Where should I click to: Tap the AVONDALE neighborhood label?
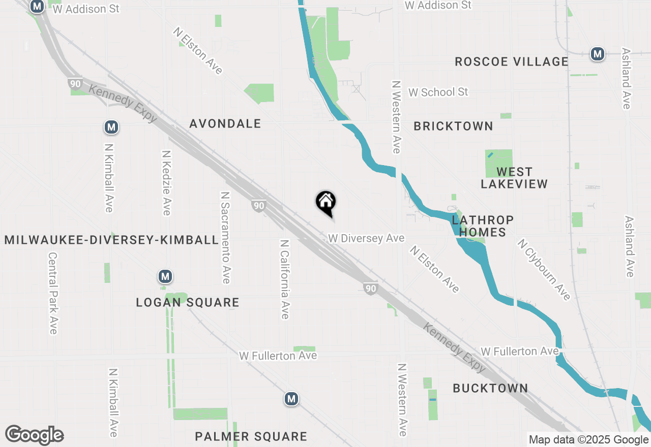(225, 123)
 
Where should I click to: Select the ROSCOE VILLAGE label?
(511, 61)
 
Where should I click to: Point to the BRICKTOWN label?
(453, 126)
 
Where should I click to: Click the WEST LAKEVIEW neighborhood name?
(514, 178)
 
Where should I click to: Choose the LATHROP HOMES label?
(483, 226)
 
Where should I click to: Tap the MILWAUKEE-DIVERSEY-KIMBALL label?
(111, 240)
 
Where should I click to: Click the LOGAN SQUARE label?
(188, 302)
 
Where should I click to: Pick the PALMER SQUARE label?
(251, 436)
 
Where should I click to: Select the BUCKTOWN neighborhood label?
(490, 388)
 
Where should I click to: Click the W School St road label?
(438, 92)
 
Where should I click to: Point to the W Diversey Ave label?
(366, 238)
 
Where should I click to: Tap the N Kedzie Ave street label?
(166, 182)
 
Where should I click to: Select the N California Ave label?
(285, 279)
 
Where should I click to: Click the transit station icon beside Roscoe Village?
(597, 54)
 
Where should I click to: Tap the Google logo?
(34, 435)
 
